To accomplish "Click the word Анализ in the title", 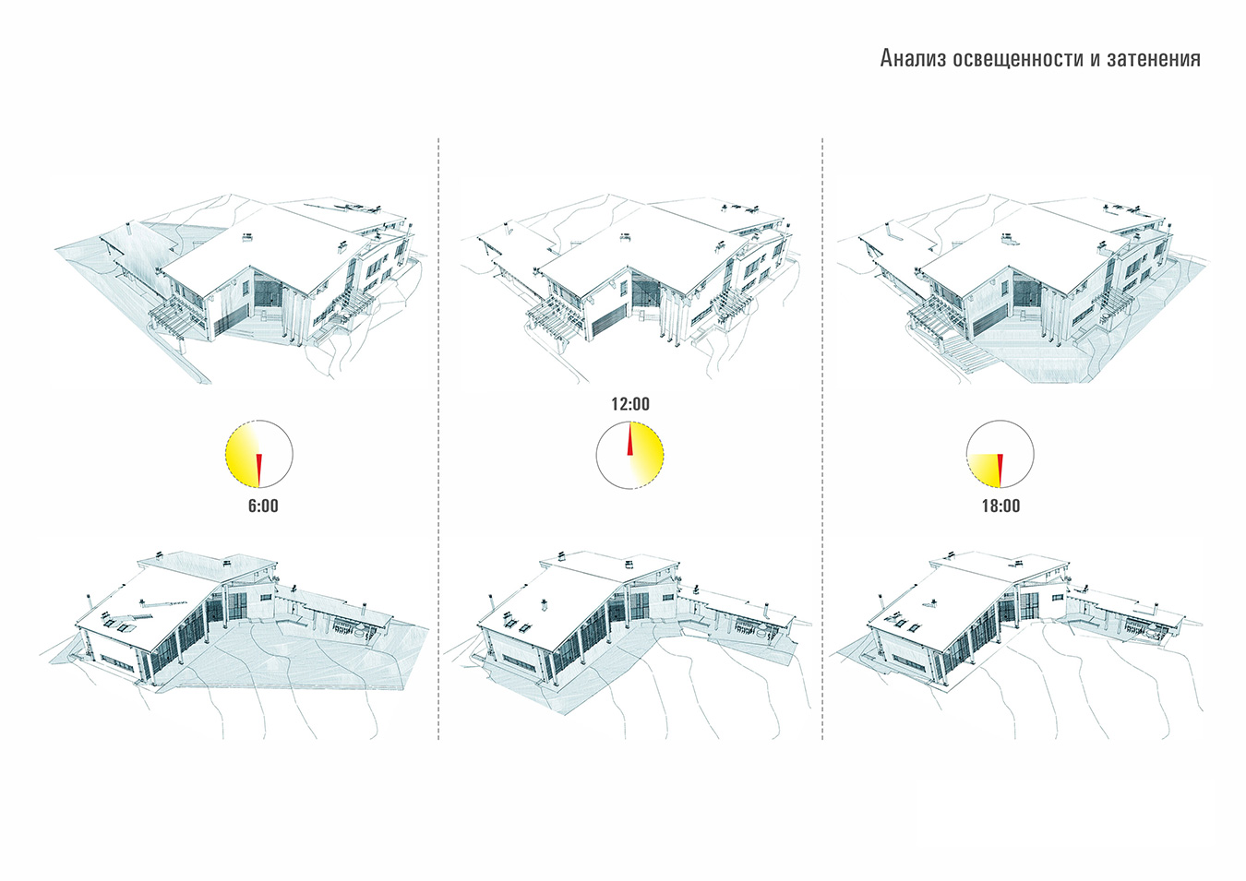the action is [913, 58].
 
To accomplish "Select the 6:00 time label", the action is [263, 506].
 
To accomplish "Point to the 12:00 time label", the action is [630, 404].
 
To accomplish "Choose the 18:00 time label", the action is [1000, 506].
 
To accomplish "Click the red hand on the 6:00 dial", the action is [258, 470].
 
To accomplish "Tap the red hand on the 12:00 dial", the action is [630, 438].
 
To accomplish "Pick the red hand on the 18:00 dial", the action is [1000, 470].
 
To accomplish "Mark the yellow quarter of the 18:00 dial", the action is [984, 470].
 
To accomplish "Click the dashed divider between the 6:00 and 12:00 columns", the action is [438, 439].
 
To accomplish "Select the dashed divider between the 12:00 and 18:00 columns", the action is [822, 439].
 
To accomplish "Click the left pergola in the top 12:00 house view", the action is [553, 321].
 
